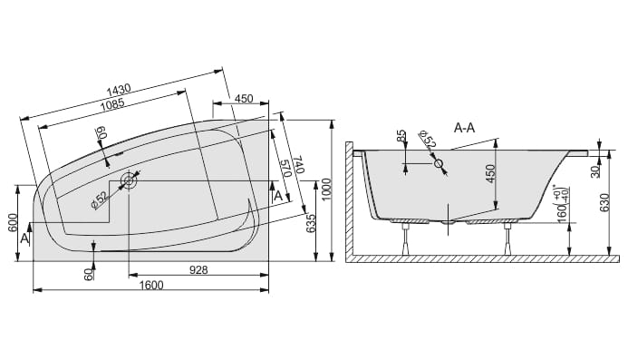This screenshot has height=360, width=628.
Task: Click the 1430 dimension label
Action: pyautogui.click(x=119, y=90)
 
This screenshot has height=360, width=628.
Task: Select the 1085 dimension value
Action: pyautogui.click(x=112, y=104)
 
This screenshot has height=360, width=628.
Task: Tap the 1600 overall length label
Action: pyautogui.click(x=151, y=285)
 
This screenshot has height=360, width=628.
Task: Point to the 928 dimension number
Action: pyautogui.click(x=198, y=270)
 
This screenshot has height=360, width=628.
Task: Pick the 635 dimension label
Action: pyautogui.click(x=311, y=226)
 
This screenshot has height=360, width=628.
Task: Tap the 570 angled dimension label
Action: pyautogui.click(x=285, y=170)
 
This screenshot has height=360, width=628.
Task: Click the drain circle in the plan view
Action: pyautogui.click(x=129, y=180)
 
